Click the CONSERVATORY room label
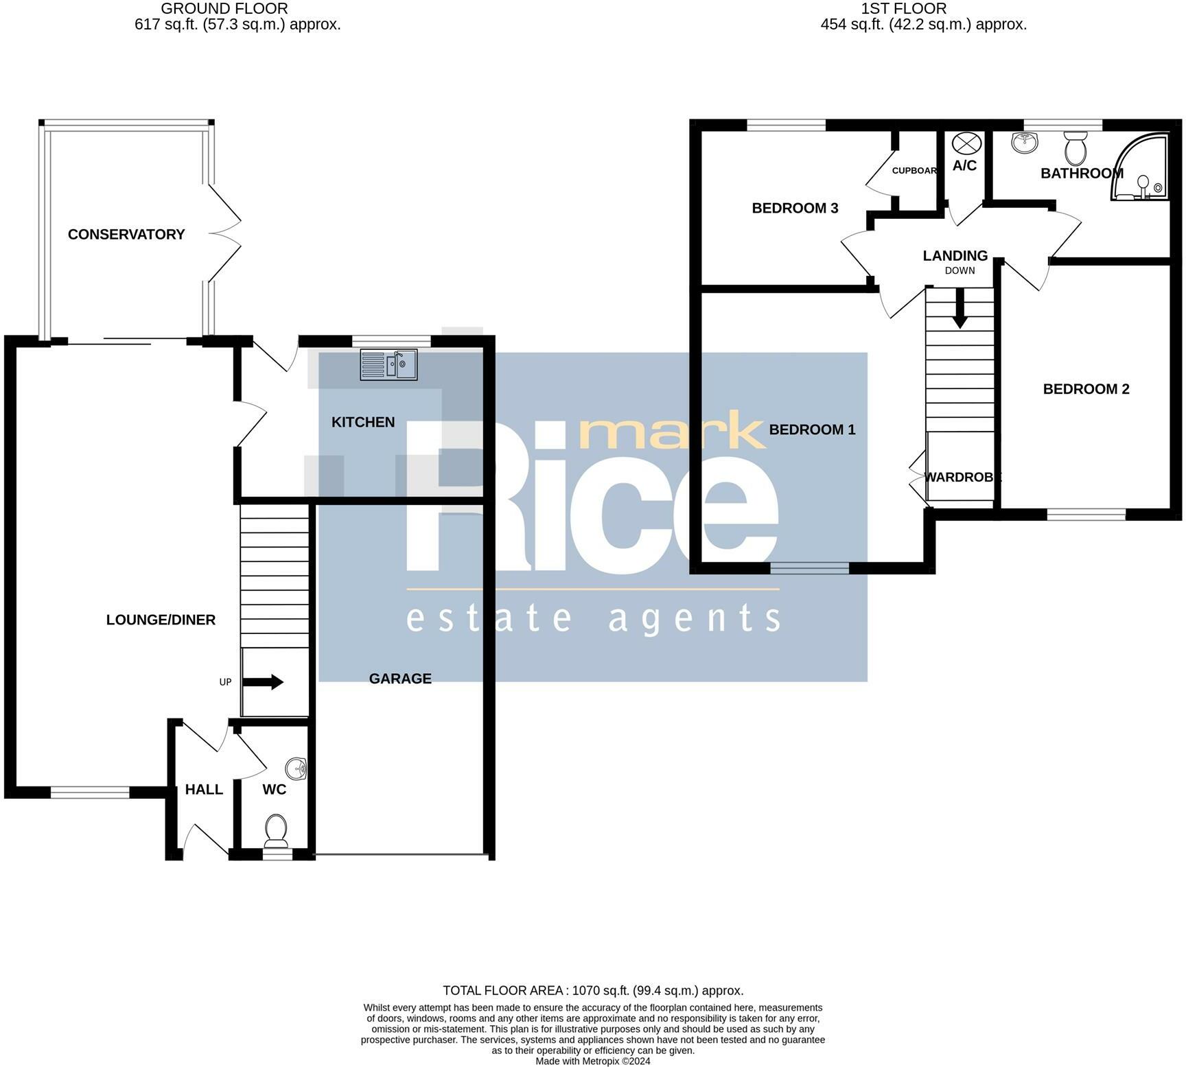tap(126, 235)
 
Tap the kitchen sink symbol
tap(388, 364)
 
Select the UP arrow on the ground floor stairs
tap(263, 682)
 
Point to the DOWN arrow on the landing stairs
tap(960, 307)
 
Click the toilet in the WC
tap(276, 830)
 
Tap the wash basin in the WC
tap(296, 769)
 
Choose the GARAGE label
tap(400, 679)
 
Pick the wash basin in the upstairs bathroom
tap(1025, 142)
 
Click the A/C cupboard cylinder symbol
tap(967, 144)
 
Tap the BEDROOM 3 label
tap(795, 208)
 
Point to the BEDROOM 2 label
tap(1086, 389)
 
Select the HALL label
tap(204, 790)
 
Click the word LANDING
tap(955, 256)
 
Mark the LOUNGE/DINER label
tap(161, 620)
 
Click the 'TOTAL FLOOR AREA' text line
tap(593, 991)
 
